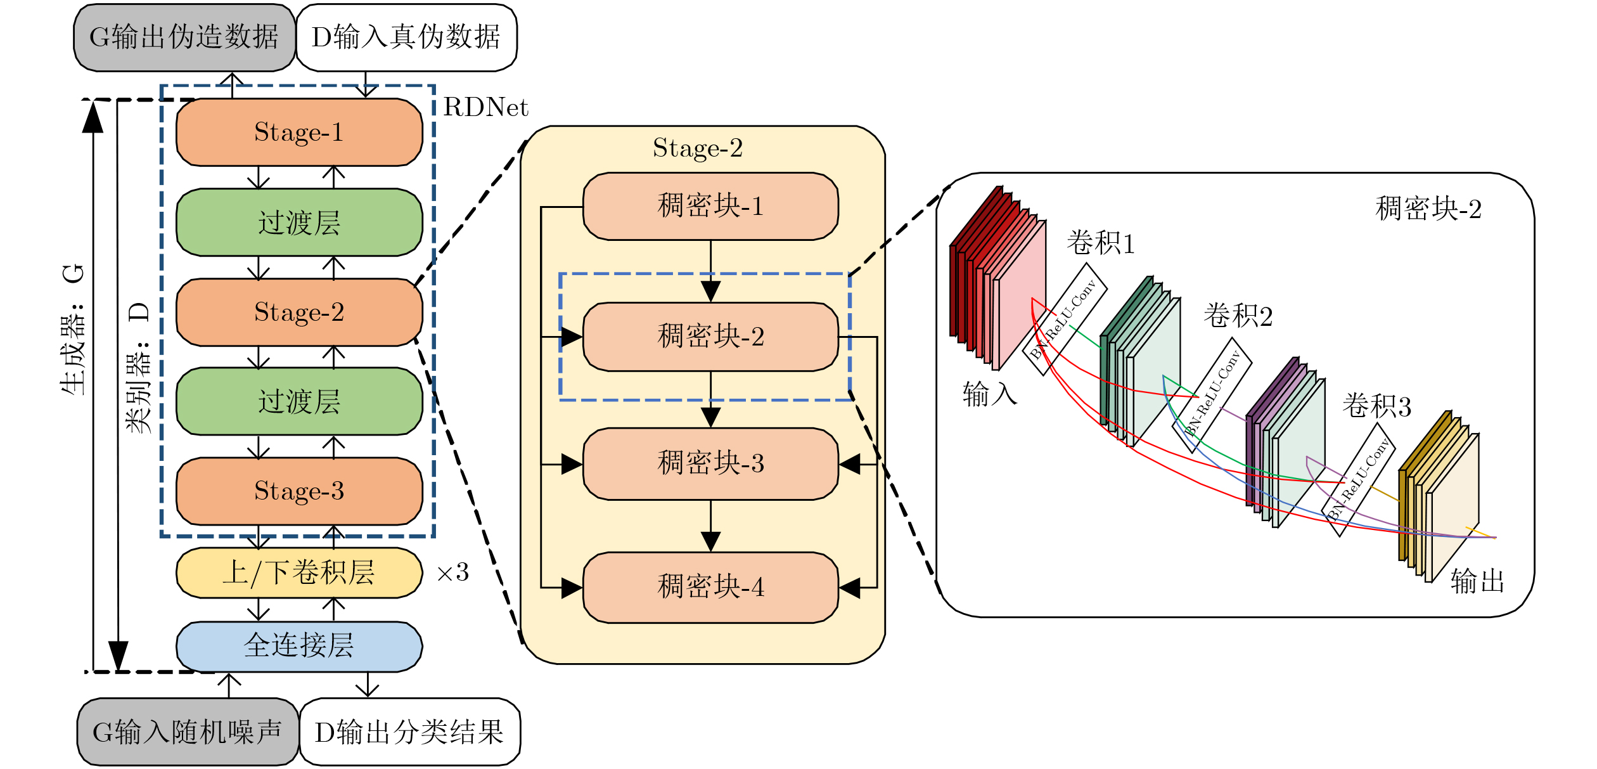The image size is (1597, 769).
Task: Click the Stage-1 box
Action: [299, 132]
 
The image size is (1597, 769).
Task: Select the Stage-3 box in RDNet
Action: [299, 491]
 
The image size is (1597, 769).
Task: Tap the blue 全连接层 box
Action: [299, 645]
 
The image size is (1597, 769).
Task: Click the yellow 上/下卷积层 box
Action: [299, 572]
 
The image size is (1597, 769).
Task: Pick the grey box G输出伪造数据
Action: [184, 37]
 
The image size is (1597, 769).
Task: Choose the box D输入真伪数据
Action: [406, 37]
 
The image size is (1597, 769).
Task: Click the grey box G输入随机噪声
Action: [188, 732]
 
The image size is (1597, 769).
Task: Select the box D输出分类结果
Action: [409, 732]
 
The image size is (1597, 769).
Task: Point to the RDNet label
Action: [485, 108]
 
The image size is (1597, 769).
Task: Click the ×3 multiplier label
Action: [452, 573]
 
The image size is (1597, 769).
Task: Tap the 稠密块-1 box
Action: [710, 206]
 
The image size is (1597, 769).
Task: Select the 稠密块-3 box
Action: [710, 463]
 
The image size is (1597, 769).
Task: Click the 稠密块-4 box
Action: [710, 587]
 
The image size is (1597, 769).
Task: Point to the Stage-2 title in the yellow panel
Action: [698, 148]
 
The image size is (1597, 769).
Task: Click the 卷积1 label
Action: [1100, 243]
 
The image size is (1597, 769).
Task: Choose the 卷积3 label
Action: [1376, 406]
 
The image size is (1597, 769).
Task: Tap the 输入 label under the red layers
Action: [990, 394]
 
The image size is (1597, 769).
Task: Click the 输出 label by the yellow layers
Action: [1477, 581]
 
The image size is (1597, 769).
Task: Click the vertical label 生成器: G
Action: [74, 330]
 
